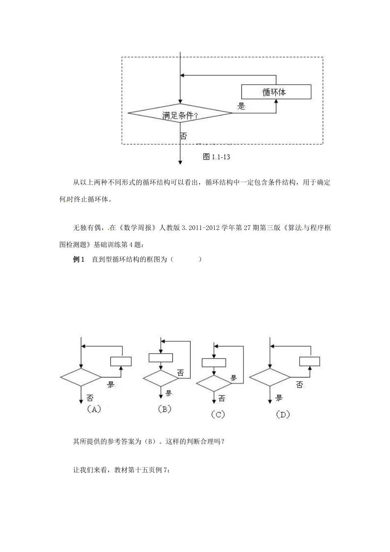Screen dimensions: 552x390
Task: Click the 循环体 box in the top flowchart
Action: point(276,92)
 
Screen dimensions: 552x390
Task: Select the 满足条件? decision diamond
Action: point(180,113)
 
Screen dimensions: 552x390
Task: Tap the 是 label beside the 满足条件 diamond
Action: point(241,106)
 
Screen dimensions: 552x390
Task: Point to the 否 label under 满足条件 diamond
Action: point(184,136)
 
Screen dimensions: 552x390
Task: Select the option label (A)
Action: point(93,409)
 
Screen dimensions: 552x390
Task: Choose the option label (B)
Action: point(164,409)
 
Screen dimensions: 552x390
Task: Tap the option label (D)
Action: point(282,414)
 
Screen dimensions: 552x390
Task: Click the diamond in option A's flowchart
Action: point(81,377)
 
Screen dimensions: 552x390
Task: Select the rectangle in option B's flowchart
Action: point(161,357)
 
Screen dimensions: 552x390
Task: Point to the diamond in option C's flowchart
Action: point(214,383)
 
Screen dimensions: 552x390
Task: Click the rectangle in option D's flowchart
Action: point(310,361)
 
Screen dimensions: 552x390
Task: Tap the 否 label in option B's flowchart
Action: point(181,373)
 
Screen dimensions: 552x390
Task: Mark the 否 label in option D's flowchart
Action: point(300,385)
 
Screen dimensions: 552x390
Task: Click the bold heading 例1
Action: point(78,260)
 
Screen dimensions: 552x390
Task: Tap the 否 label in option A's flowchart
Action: point(90,398)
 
